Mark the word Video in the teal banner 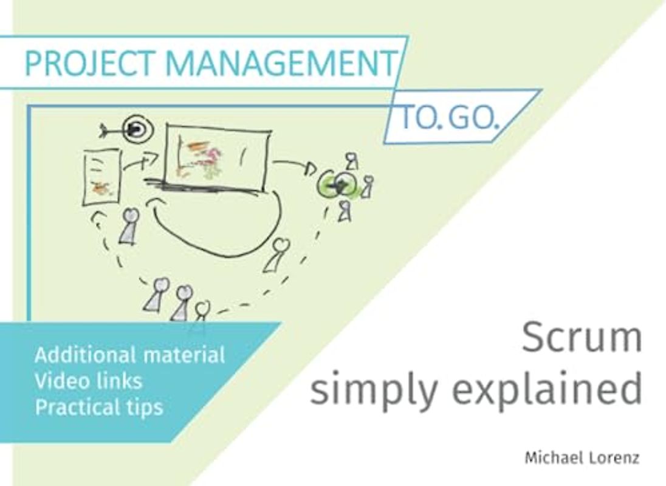pos(59,381)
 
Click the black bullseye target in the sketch pos(135,129)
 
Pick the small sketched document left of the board pos(100,177)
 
